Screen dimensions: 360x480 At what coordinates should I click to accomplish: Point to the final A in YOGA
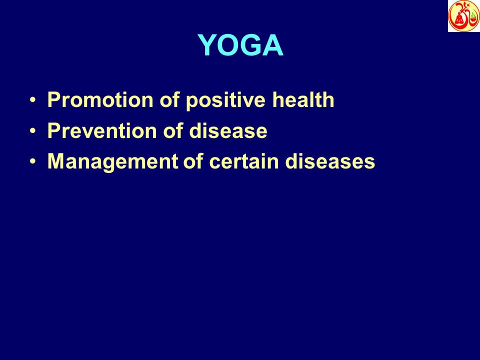pos(272,46)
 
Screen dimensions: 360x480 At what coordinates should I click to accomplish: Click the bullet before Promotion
pos(33,100)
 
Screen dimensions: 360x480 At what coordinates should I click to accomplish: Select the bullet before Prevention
pos(33,131)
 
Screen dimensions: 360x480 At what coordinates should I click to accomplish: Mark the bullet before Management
pos(33,162)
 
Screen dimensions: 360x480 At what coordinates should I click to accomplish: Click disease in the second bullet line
pos(228,131)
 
